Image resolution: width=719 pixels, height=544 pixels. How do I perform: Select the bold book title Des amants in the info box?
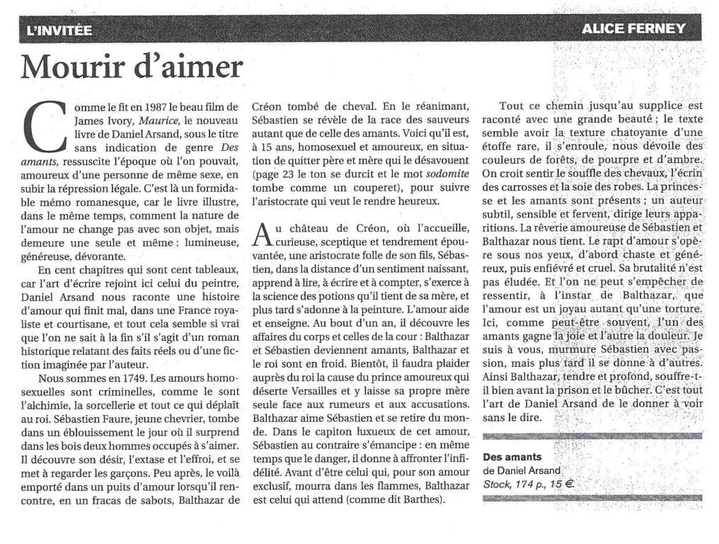click(512, 458)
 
